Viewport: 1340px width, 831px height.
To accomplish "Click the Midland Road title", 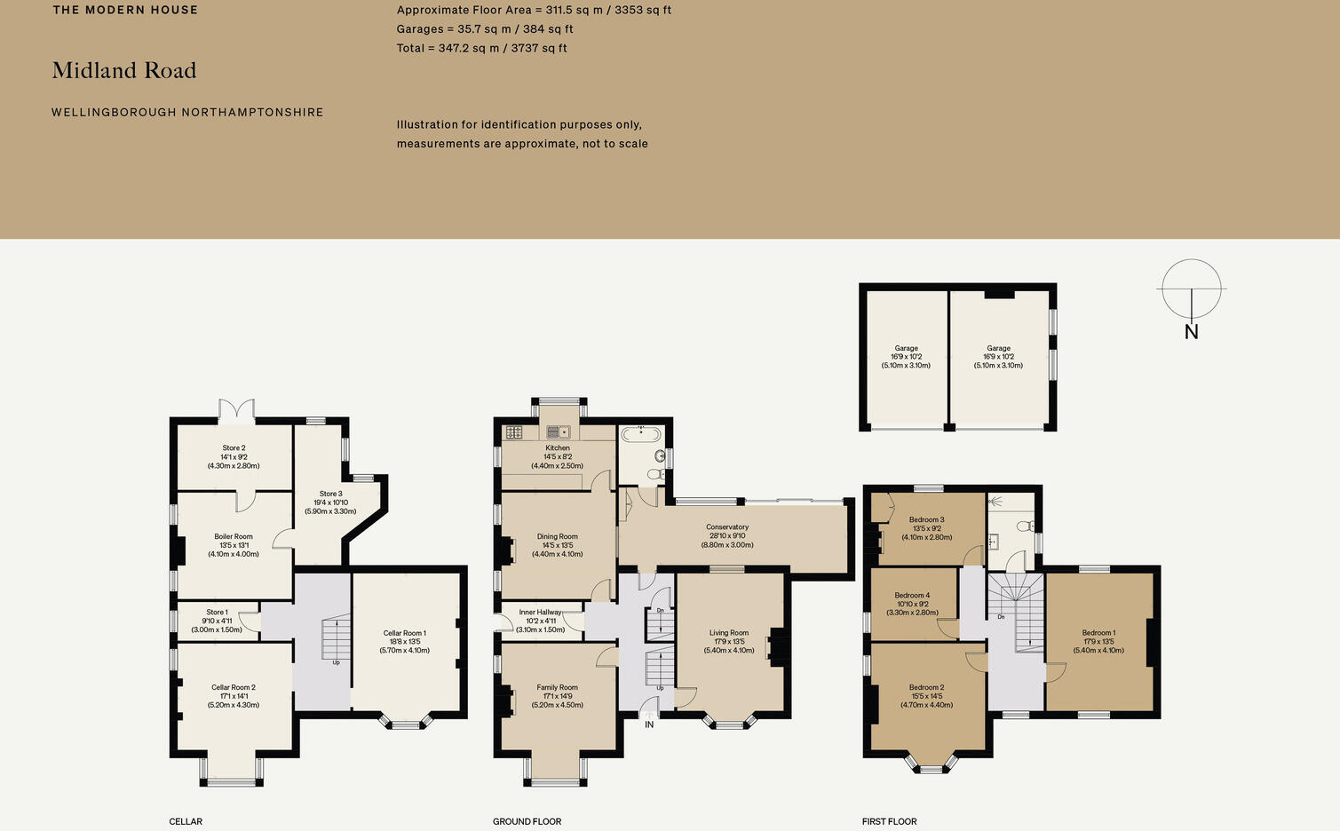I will point(124,71).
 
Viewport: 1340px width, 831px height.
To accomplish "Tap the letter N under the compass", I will point(1191,332).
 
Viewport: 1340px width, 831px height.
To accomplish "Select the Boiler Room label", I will point(234,537).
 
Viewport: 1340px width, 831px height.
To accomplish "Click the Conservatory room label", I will point(727,527).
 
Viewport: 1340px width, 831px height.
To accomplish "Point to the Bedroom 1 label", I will point(1098,633).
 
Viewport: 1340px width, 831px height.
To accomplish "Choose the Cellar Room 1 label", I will point(404,633).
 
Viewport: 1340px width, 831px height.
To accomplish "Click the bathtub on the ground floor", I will point(640,434).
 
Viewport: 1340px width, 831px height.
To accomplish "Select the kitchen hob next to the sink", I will point(514,432).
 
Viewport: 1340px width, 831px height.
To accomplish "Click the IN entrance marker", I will point(649,724).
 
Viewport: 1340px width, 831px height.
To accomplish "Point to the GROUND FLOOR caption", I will point(527,821).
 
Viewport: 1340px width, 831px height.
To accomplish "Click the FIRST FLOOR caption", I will point(889,821).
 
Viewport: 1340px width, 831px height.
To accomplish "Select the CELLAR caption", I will point(186,821).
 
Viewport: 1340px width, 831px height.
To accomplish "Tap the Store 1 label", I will point(217,613).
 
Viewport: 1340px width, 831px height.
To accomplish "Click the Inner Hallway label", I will point(540,613).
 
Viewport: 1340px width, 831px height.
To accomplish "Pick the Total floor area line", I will point(481,48).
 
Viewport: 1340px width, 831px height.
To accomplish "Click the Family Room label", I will point(557,687).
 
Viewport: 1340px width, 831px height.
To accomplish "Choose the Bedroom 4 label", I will point(912,596).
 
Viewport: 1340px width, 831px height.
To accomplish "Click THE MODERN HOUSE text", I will point(125,10).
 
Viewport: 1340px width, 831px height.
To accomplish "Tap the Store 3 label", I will point(330,494).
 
